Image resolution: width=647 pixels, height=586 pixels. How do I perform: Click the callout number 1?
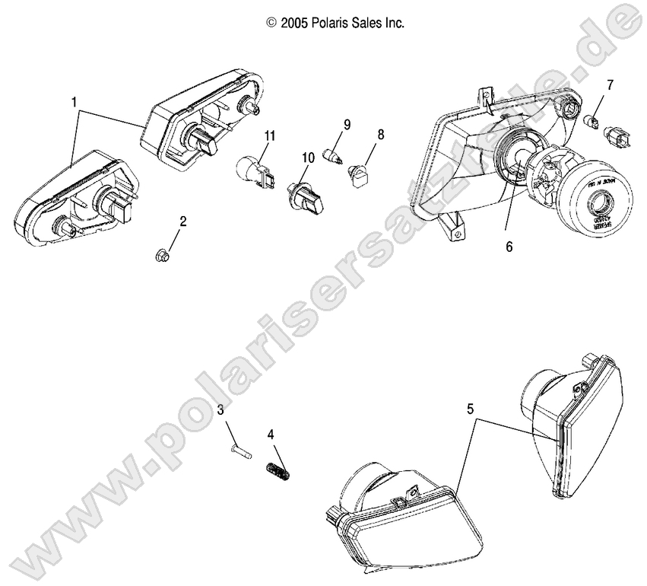click(75, 100)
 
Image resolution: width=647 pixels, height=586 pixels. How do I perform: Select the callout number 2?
click(182, 222)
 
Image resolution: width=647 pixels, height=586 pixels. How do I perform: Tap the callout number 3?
click(220, 410)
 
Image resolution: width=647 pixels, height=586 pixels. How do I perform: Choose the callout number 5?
click(471, 409)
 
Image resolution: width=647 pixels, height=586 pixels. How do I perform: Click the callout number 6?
click(509, 247)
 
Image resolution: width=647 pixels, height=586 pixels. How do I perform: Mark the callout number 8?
click(380, 135)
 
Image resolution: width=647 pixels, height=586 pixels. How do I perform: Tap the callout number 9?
click(347, 123)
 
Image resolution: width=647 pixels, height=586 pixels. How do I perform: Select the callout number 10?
click(308, 158)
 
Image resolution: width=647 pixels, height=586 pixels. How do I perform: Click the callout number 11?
click(269, 135)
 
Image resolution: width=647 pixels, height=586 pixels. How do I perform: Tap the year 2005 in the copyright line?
click(293, 24)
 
